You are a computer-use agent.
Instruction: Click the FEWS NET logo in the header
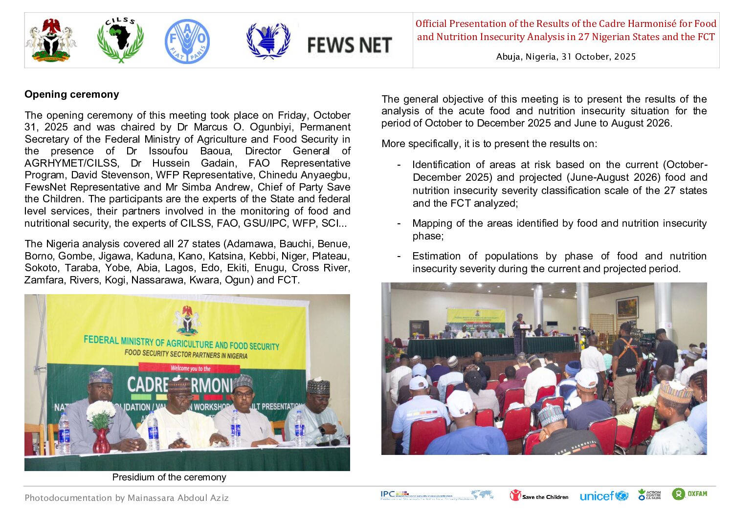point(349,45)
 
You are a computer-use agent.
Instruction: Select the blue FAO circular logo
point(187,42)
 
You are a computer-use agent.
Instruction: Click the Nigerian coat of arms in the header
point(51,41)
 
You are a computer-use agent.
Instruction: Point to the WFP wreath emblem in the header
point(268,41)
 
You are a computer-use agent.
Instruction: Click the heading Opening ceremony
point(72,94)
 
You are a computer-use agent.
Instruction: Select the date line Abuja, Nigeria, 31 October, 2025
point(566,57)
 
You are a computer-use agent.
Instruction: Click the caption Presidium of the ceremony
point(169,477)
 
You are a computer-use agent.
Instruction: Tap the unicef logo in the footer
point(603,496)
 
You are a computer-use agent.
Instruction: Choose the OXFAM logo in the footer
point(689,494)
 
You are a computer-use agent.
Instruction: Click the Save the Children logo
point(539,496)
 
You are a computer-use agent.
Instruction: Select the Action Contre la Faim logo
point(649,495)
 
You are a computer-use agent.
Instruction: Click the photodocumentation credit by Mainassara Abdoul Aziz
point(127,498)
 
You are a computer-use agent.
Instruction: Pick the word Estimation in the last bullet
point(436,256)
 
